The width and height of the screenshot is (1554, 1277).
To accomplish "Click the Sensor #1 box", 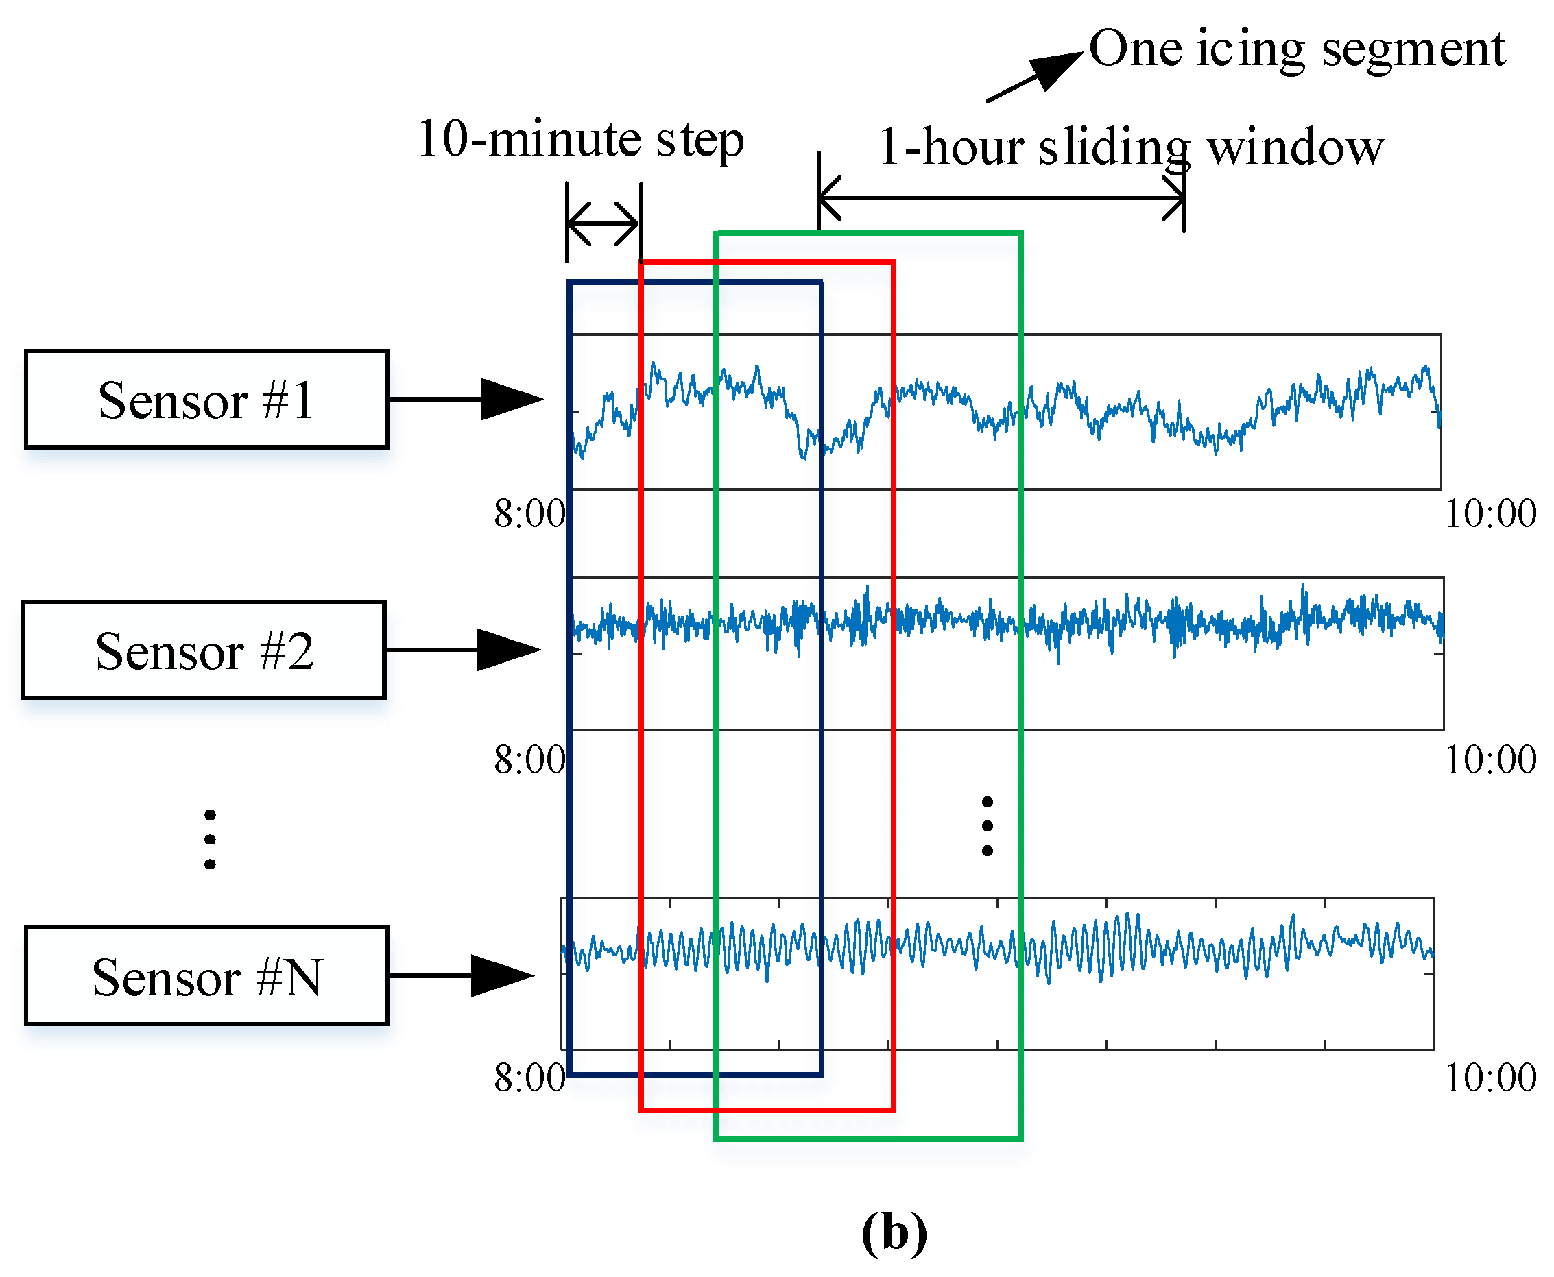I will click(206, 400).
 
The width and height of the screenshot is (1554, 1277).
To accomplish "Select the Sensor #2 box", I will click(204, 650).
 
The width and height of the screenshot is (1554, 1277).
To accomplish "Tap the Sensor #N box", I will click(206, 976).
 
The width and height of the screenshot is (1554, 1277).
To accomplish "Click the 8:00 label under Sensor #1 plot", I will click(529, 513).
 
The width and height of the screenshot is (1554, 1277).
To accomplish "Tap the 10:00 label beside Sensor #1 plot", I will click(1490, 513).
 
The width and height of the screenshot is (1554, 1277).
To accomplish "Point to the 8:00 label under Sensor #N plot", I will click(529, 1078).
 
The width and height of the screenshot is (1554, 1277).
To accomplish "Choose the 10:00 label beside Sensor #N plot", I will click(1490, 1078).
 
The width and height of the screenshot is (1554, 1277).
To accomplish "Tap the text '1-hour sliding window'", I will click(1131, 147).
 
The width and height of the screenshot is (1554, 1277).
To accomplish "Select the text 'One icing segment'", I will click(1296, 49).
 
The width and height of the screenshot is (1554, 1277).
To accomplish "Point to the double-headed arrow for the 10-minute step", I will click(603, 223).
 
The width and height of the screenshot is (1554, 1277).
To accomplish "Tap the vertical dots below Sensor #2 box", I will click(211, 839).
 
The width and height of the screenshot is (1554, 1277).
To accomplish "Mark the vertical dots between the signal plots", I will click(988, 826).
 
